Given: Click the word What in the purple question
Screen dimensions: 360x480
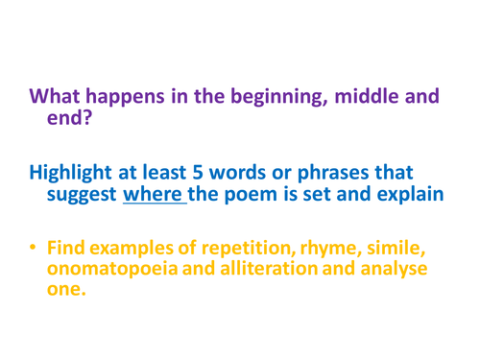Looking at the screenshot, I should [60, 98].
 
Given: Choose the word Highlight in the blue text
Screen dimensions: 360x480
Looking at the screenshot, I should [72, 175].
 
